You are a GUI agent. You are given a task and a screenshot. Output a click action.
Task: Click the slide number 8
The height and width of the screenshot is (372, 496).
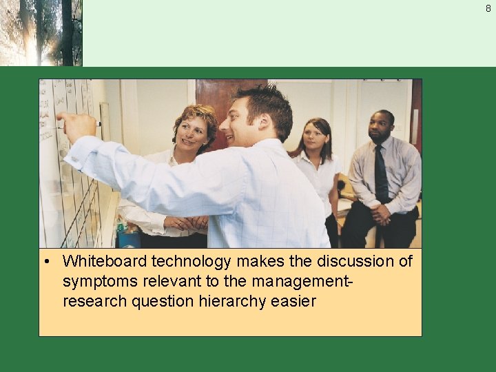pos(488,8)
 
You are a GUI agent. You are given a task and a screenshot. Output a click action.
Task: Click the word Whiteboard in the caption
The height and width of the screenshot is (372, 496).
pos(105,262)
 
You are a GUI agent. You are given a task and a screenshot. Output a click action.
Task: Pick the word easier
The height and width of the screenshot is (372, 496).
pos(294,301)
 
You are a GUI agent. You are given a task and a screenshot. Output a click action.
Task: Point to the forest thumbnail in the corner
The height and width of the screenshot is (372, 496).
pos(41,32)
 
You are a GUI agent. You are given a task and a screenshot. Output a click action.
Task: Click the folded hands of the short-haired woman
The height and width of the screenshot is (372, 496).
pos(189,223)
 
